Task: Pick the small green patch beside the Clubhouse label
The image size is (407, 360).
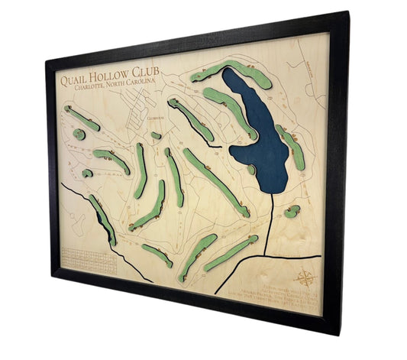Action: click(156, 135)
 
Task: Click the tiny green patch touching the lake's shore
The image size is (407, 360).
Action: click(252, 170)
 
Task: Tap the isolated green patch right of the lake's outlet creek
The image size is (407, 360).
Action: click(291, 211)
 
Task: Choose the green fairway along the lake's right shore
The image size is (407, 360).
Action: click(292, 148)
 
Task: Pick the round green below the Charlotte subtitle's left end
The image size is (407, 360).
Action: click(79, 135)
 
